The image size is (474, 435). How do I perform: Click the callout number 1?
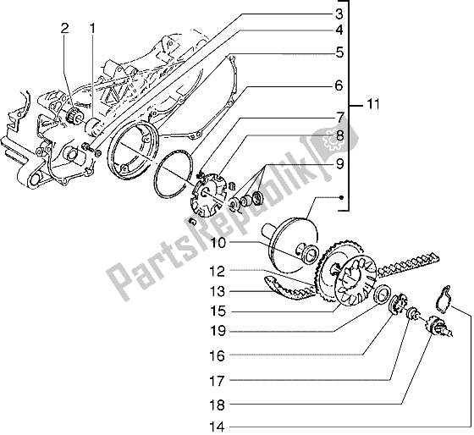[x=94, y=30]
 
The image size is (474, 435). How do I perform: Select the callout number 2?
[x=63, y=30]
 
